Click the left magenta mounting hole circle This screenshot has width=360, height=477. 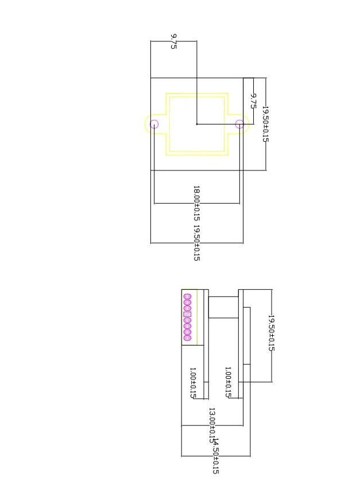(x=154, y=123)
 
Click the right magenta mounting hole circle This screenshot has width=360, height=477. (x=239, y=123)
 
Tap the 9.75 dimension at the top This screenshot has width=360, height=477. (x=173, y=41)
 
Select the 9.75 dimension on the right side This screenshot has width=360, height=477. (x=253, y=100)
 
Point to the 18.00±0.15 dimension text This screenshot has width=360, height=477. (x=196, y=204)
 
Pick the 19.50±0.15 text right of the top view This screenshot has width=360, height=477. (x=265, y=123)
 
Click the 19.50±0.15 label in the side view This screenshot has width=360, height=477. (x=272, y=333)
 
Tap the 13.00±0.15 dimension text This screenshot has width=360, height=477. (x=211, y=425)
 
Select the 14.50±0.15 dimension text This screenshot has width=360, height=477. (x=215, y=456)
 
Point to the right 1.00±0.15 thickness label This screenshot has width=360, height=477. (x=228, y=382)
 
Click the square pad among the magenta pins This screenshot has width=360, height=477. (x=187, y=314)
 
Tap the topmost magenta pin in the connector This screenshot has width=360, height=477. (x=187, y=297)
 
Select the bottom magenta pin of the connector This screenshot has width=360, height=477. (x=187, y=338)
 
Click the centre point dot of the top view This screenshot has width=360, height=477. (x=197, y=123)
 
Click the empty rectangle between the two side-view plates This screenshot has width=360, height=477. (x=223, y=307)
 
